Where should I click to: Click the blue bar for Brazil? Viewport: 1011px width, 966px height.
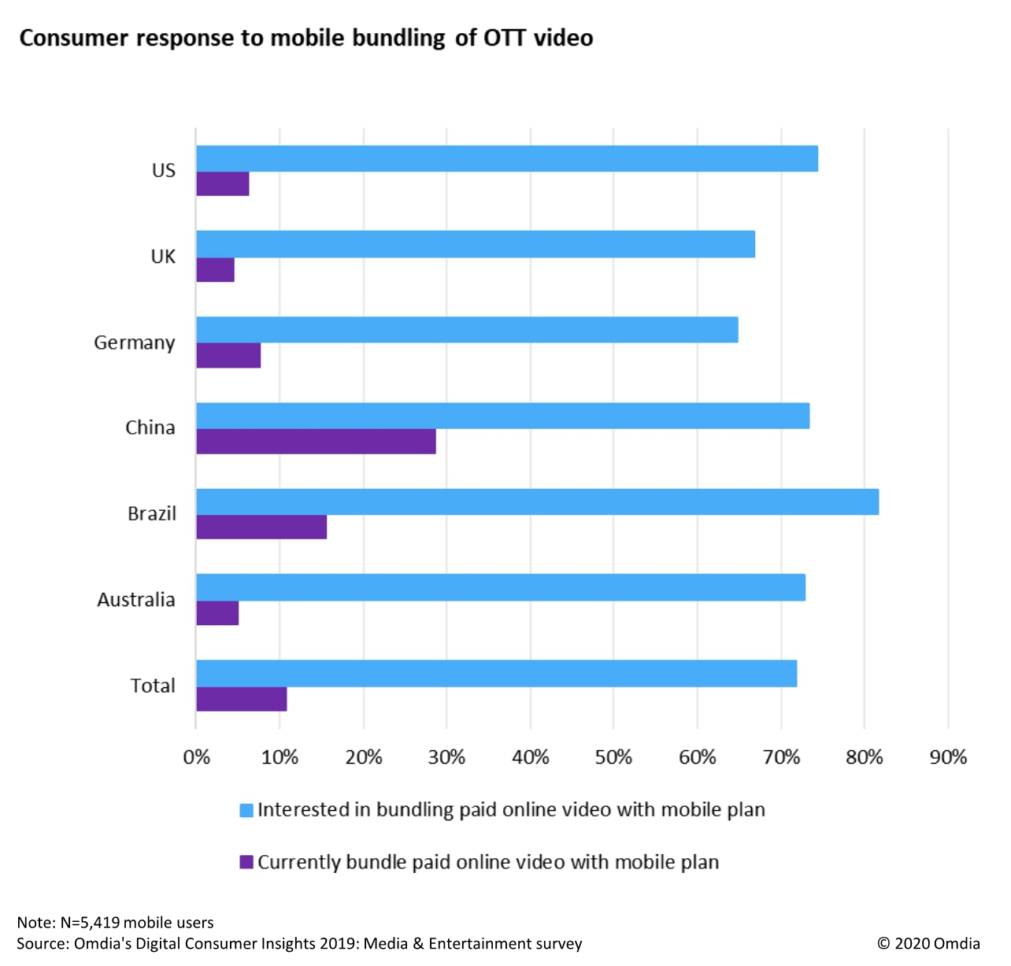537,502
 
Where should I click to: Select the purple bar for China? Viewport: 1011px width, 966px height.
316,442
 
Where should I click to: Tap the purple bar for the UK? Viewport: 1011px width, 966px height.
215,270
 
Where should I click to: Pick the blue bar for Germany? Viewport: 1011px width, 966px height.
467,330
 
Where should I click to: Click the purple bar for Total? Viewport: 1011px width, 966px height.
241,699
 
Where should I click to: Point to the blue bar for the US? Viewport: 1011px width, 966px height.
507,159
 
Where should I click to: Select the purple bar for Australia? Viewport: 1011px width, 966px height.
217,613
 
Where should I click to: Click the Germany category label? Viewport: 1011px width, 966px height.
135,343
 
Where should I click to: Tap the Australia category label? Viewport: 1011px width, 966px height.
136,600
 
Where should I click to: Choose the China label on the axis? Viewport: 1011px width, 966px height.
150,427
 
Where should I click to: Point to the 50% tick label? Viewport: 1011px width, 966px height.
613,757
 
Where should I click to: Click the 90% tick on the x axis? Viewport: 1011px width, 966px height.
948,757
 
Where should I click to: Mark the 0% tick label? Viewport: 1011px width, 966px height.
196,757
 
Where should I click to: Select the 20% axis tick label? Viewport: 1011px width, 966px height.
363,757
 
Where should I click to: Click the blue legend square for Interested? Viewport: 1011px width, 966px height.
246,810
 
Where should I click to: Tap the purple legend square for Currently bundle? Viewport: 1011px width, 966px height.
246,862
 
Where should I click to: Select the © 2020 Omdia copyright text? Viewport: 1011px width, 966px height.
929,943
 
